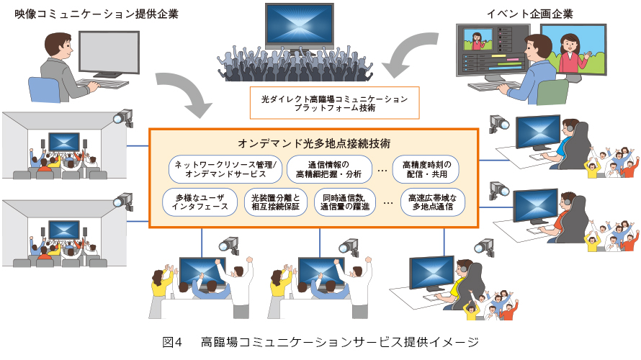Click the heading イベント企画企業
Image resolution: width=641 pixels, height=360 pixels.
coord(519,14)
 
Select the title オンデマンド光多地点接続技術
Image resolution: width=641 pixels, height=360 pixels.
coord(314,143)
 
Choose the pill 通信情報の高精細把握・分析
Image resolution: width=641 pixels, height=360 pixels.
coord(330,168)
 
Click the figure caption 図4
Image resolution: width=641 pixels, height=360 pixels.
coord(174,341)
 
